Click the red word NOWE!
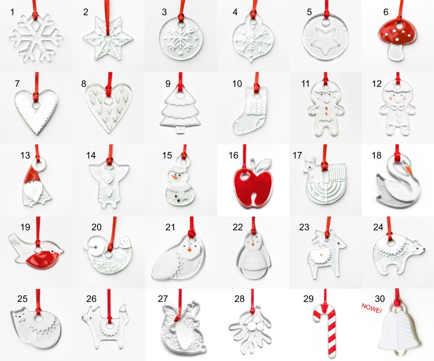click(371, 308)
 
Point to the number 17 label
click(297, 156)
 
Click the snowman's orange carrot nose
click(175, 176)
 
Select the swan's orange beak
click(409, 170)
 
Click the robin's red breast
click(41, 258)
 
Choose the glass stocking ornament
click(250, 110)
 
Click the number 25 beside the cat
click(22, 299)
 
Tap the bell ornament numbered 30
click(399, 329)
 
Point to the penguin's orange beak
click(253, 244)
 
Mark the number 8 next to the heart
click(84, 84)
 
